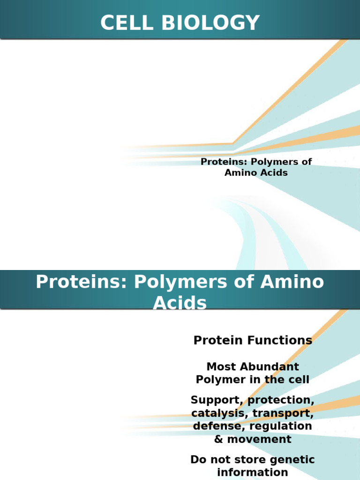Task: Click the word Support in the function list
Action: (x=217, y=400)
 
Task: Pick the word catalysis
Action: (x=219, y=413)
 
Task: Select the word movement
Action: (x=259, y=439)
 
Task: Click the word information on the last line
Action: (x=252, y=472)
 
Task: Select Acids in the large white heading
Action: (x=180, y=303)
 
